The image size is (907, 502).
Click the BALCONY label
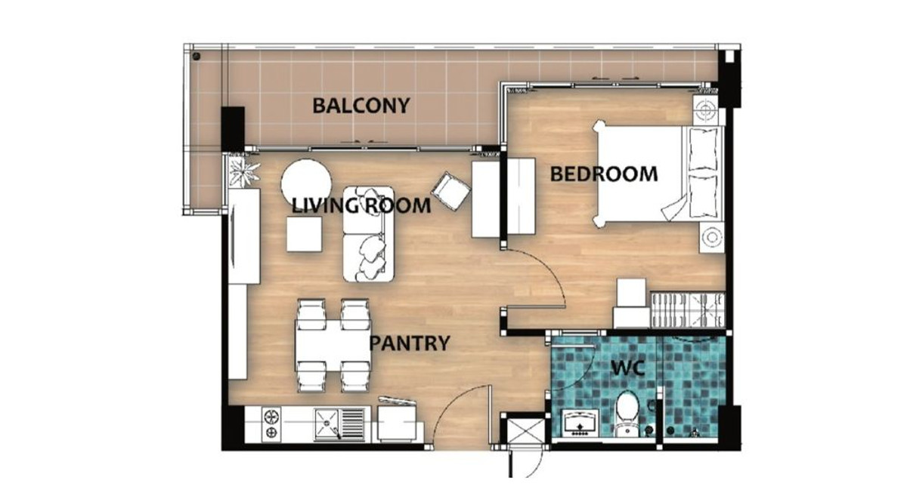(361, 106)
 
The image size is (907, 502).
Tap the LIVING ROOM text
(361, 206)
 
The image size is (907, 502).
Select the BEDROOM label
(604, 174)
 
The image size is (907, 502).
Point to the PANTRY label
(410, 343)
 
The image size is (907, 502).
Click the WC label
(627, 368)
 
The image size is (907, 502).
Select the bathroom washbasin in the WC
(580, 423)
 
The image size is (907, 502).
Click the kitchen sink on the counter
(339, 424)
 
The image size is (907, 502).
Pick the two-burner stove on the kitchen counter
(271, 424)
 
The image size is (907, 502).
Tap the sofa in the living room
(369, 234)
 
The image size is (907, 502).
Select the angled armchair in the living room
(450, 191)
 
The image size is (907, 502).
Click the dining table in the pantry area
(333, 345)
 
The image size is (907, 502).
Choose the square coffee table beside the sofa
(305, 234)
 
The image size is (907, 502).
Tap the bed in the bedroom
(658, 174)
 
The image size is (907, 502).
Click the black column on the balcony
(233, 128)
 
